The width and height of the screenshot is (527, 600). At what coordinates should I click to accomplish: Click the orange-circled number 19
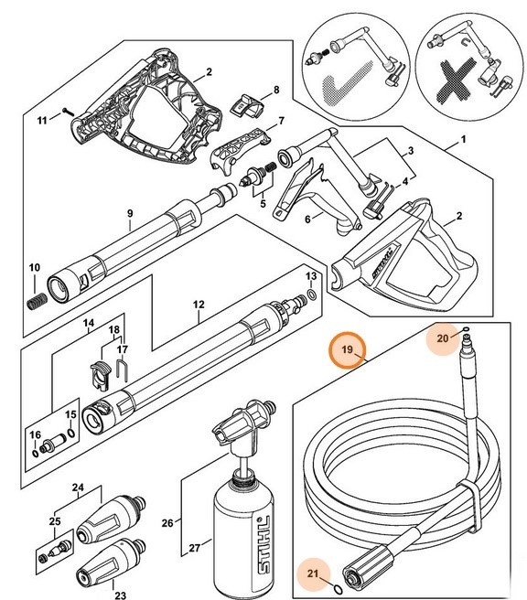pyautogui.click(x=347, y=350)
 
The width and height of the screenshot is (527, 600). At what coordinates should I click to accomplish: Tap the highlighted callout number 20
pyautogui.click(x=442, y=338)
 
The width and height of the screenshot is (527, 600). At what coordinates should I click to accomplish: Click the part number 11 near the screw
pyautogui.click(x=41, y=120)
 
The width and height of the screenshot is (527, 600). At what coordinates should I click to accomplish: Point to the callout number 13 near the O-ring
pyautogui.click(x=311, y=275)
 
